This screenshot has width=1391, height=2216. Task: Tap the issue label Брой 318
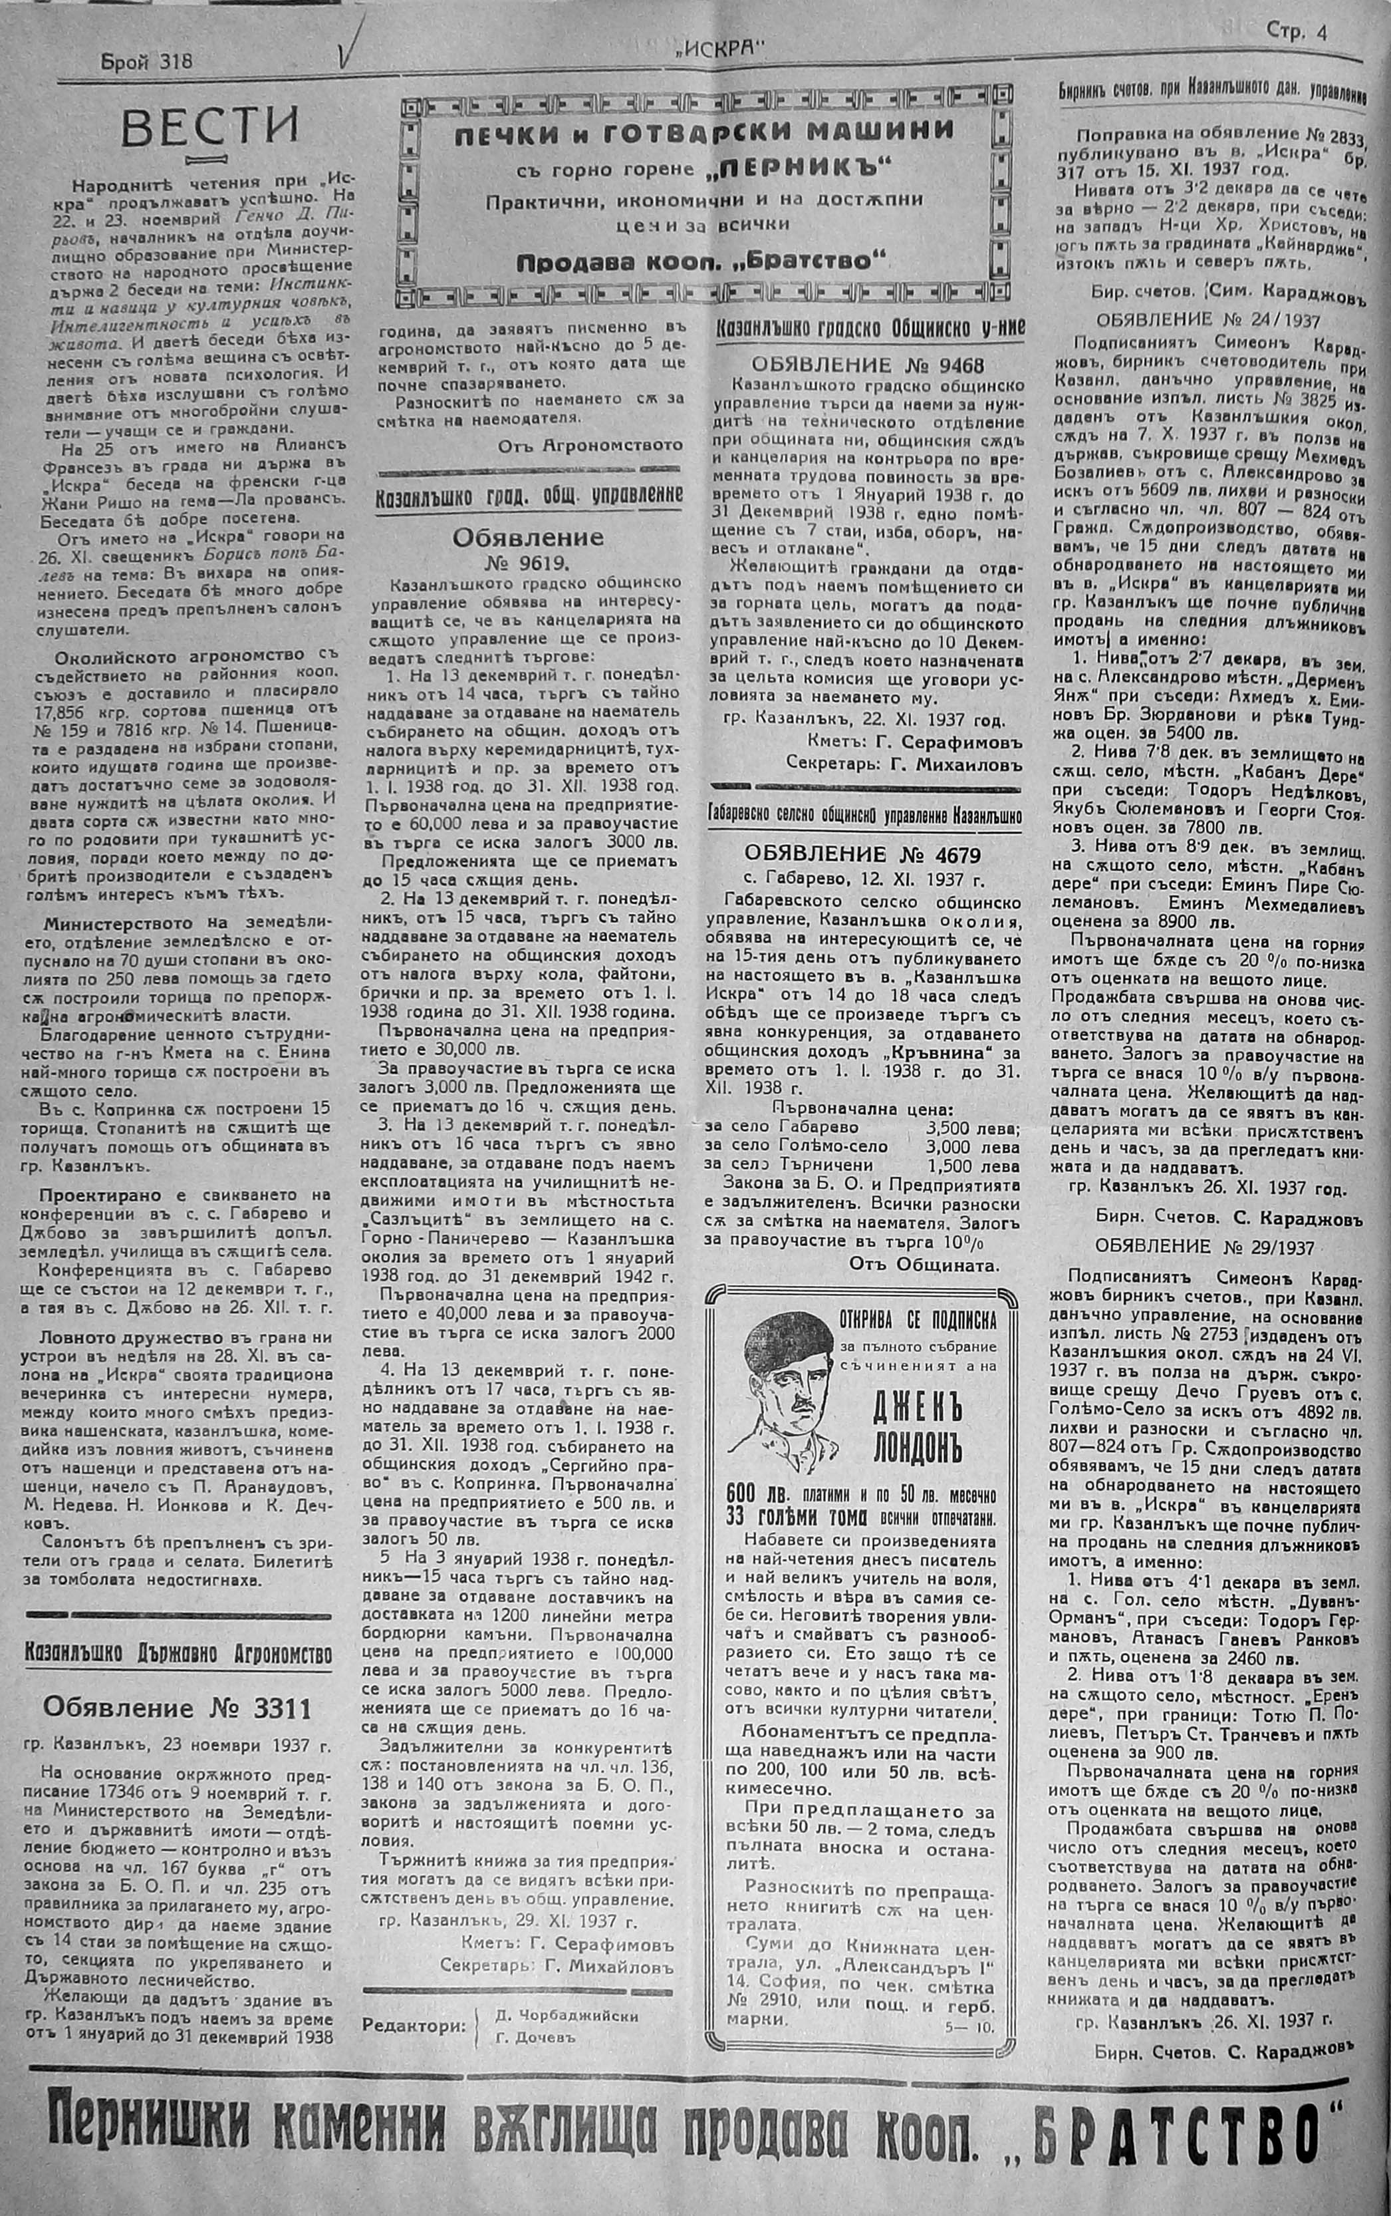pos(146,62)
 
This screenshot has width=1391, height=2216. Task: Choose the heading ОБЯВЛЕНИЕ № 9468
pos(866,365)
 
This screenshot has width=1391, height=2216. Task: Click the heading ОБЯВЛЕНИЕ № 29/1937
pos(1204,1247)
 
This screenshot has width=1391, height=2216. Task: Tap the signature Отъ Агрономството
pos(590,444)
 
